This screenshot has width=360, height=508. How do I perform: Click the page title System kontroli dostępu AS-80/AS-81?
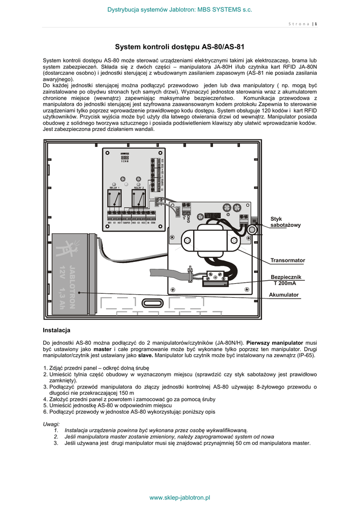180,48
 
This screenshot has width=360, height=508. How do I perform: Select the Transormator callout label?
288,260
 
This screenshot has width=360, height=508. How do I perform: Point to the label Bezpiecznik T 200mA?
286,280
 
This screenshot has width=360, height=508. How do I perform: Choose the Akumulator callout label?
284,295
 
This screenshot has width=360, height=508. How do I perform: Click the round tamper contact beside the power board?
252,229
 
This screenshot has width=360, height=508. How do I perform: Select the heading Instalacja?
57,330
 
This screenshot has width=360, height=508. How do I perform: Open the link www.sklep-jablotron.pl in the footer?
180,497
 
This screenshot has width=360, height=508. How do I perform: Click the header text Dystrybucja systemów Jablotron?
180,10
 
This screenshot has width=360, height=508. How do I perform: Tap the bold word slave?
145,356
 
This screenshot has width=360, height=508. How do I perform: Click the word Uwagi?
52,424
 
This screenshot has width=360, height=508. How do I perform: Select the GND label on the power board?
189,217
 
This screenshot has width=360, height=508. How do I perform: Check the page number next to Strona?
316,24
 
